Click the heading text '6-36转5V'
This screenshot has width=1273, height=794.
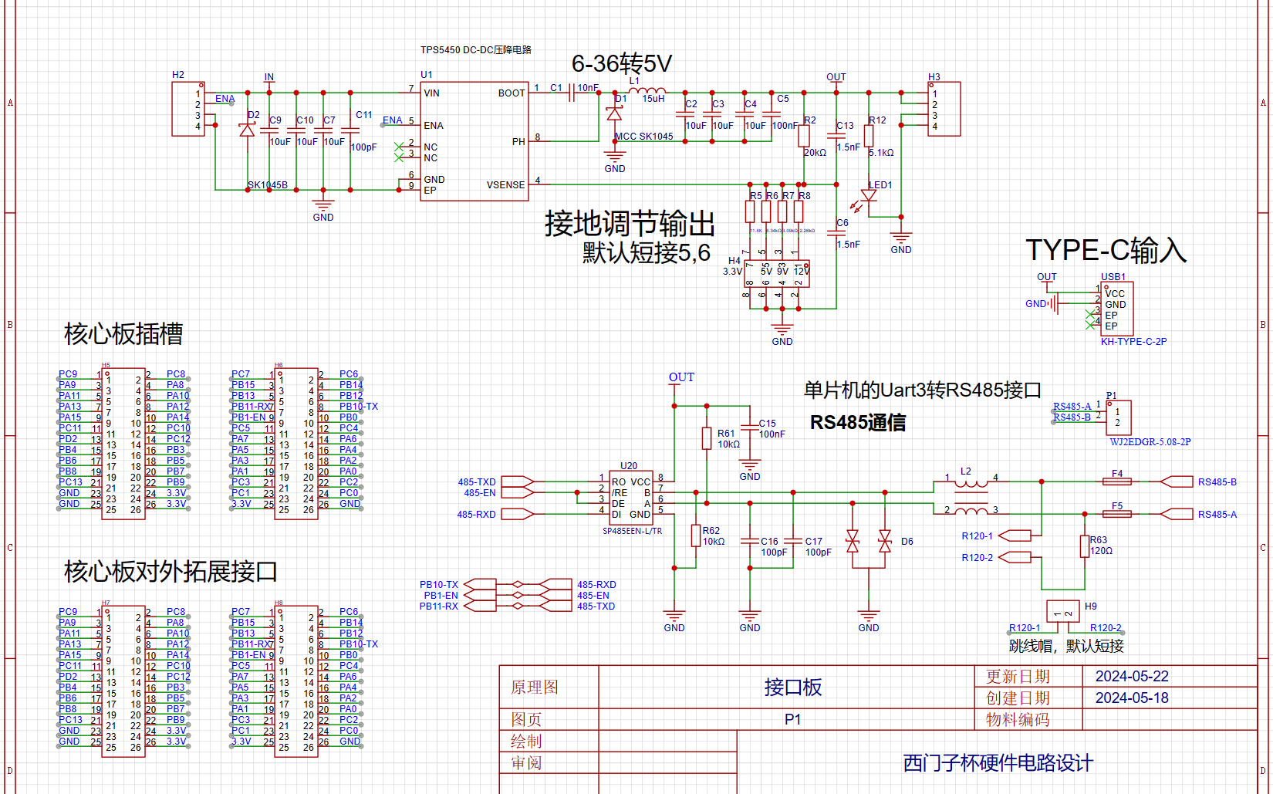(x=621, y=63)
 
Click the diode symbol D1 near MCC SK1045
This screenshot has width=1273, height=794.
(x=614, y=114)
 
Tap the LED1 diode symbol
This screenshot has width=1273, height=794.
(x=869, y=196)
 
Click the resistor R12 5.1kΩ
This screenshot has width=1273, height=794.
(x=869, y=136)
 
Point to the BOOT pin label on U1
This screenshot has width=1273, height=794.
(x=511, y=93)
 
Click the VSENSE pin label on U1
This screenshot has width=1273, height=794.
(x=505, y=185)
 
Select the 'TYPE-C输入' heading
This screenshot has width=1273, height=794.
(x=1105, y=251)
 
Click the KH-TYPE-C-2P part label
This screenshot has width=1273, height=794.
(x=1133, y=342)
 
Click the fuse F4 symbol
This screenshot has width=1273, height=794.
(x=1116, y=481)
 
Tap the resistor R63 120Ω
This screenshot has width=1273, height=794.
(x=1085, y=546)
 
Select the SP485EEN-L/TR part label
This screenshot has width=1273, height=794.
(x=632, y=532)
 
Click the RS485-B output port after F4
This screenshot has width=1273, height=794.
(x=1177, y=481)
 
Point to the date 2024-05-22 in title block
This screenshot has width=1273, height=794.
(x=1131, y=677)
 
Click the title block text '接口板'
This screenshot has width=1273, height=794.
(x=792, y=687)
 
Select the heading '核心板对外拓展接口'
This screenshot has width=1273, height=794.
(x=171, y=572)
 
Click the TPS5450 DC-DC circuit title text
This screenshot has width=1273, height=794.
(x=475, y=49)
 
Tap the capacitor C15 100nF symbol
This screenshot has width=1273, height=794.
(x=749, y=427)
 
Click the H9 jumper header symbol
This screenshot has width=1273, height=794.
(x=1062, y=612)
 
